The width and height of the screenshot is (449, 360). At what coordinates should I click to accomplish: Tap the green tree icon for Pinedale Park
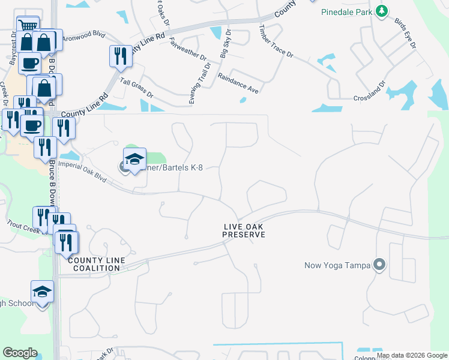tap(381, 11)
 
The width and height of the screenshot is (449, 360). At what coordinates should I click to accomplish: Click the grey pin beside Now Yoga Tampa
tap(379, 264)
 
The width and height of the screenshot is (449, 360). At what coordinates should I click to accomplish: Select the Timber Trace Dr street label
tap(276, 41)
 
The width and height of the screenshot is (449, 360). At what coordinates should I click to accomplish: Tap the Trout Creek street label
tap(23, 227)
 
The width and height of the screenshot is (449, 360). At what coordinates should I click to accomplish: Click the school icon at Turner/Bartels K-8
tap(134, 159)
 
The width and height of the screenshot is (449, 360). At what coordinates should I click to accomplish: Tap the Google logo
tap(20, 353)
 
